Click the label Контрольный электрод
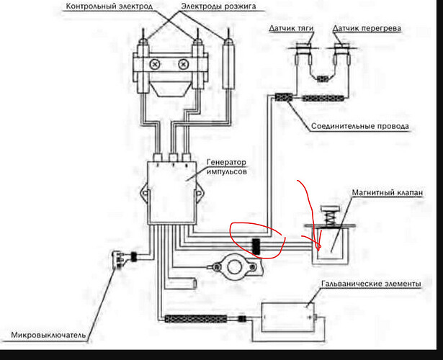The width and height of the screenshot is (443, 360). pyautogui.click(x=109, y=6)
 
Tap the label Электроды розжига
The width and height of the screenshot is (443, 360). pyautogui.click(x=218, y=6)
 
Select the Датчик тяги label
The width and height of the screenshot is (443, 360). pyautogui.click(x=291, y=28)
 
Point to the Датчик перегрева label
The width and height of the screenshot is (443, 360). pyautogui.click(x=367, y=28)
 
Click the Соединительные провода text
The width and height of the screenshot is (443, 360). pyautogui.click(x=360, y=126)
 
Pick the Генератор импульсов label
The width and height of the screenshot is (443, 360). pyautogui.click(x=227, y=166)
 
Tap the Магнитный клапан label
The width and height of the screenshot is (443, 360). pyautogui.click(x=388, y=192)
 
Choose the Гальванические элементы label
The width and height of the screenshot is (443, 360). pyautogui.click(x=371, y=284)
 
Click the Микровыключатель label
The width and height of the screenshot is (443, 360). pyautogui.click(x=48, y=335)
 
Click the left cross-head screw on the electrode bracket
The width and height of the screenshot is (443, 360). pyautogui.click(x=155, y=64)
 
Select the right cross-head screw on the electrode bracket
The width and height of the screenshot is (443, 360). pyautogui.click(x=184, y=64)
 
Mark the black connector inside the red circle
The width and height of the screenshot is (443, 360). pyautogui.click(x=256, y=246)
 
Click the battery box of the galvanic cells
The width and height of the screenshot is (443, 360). pyautogui.click(x=287, y=317)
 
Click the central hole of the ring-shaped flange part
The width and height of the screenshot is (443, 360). pyautogui.click(x=233, y=267)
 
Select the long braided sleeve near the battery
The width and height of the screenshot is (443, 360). pyautogui.click(x=196, y=319)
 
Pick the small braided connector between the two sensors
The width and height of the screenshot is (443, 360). pyautogui.click(x=323, y=78)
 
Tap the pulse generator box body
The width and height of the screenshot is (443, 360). pyautogui.click(x=172, y=192)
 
